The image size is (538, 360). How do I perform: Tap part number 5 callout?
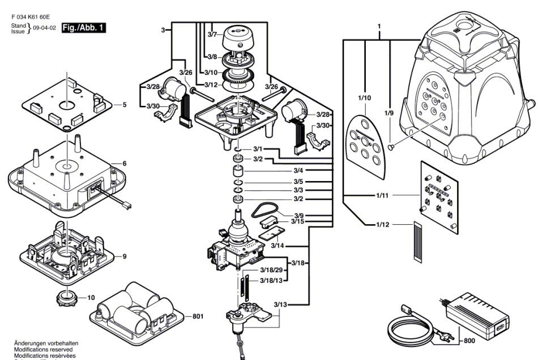(125, 105)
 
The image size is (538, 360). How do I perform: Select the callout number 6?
(125, 164)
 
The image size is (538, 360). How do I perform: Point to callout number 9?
(125, 256)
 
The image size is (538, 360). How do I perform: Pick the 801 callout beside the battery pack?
(197, 316)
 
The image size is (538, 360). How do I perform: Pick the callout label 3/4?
(298, 170)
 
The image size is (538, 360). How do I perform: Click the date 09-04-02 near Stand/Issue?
(44, 27)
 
